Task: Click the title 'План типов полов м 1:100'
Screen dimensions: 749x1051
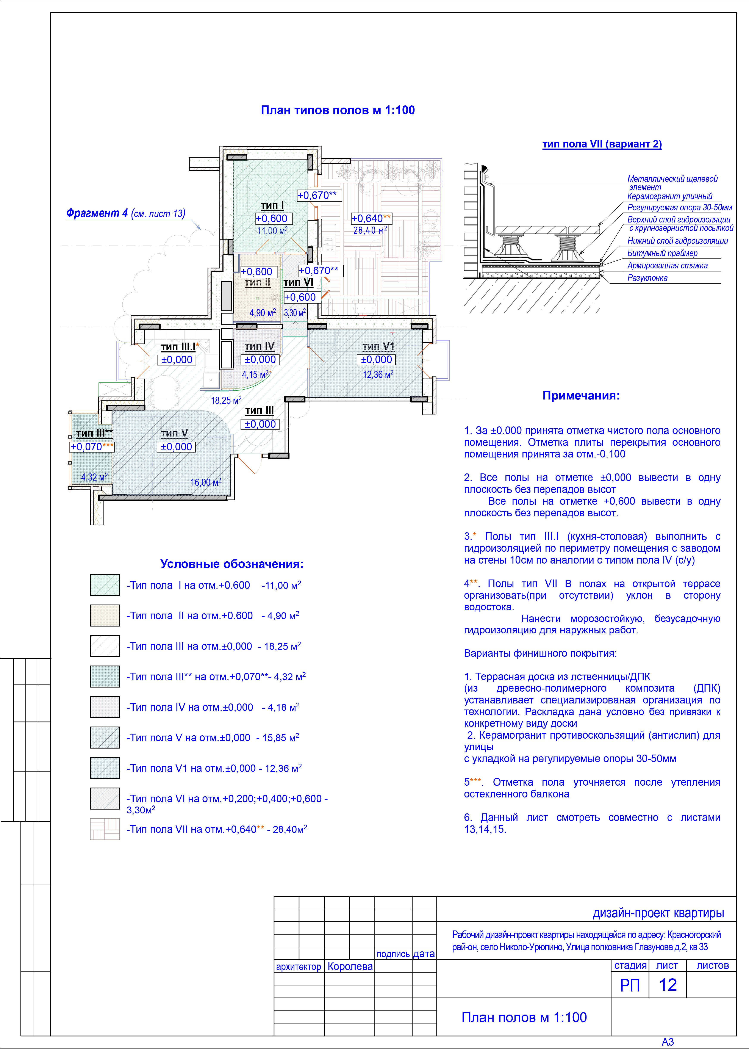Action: [x=338, y=110]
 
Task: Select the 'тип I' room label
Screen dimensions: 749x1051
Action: [x=272, y=205]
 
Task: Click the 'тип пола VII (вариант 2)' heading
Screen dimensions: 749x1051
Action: [x=602, y=144]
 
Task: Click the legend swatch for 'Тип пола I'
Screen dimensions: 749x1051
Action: [x=105, y=585]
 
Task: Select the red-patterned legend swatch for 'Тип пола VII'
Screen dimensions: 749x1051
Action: [x=105, y=829]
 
